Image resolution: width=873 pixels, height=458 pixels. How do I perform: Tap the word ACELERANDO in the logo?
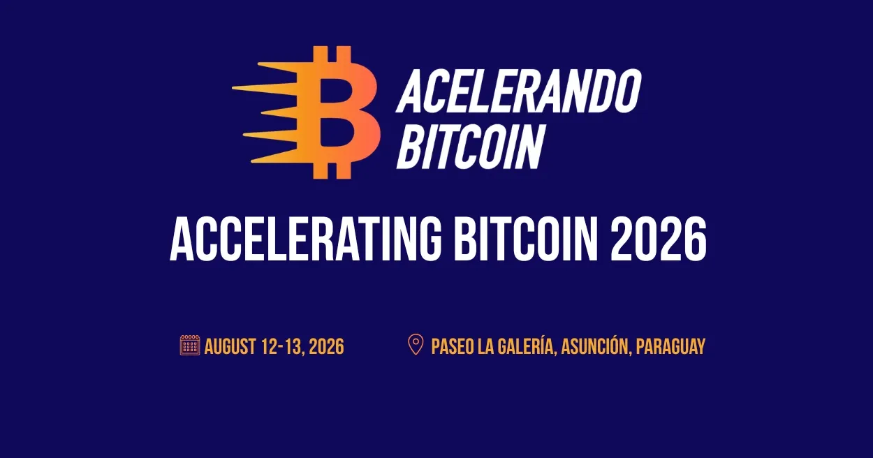(519, 91)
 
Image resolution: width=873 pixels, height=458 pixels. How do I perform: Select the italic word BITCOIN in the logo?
(470, 147)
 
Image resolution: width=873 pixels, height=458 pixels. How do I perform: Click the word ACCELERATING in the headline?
(306, 239)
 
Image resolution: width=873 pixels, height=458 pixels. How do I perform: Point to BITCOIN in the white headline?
(525, 239)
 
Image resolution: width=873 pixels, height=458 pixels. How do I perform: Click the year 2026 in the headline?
(658, 239)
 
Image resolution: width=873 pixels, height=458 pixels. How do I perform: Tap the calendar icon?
(190, 345)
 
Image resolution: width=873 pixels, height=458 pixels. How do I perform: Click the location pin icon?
(416, 344)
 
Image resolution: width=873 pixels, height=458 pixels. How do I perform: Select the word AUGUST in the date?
(230, 346)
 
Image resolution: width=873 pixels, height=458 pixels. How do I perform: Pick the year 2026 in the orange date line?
(326, 346)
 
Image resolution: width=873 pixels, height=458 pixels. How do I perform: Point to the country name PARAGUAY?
(670, 346)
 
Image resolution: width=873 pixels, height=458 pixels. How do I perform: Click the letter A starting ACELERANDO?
(411, 91)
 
